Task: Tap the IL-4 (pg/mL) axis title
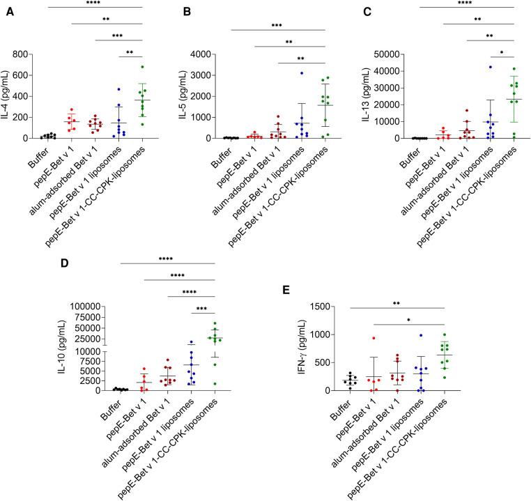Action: (8, 96)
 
